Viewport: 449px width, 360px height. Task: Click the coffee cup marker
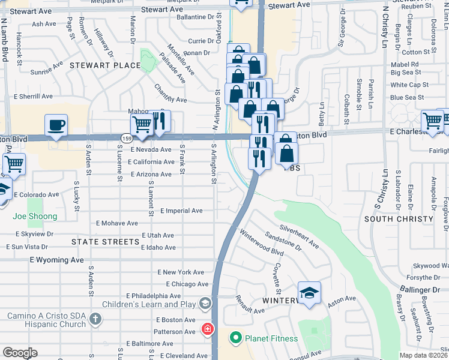coord(56,125)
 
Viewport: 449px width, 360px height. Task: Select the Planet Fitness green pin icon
coord(236,338)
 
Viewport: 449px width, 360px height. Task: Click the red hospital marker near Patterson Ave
coord(207,329)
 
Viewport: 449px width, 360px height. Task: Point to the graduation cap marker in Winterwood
coord(309,293)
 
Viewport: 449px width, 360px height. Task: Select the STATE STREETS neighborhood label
coord(105,242)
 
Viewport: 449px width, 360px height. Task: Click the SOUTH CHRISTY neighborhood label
coord(399,219)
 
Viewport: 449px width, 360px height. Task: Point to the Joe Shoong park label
coord(35,216)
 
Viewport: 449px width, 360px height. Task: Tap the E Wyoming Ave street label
coord(56,260)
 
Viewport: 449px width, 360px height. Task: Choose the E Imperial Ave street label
coord(181,211)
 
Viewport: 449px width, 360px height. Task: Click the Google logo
coord(20,353)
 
